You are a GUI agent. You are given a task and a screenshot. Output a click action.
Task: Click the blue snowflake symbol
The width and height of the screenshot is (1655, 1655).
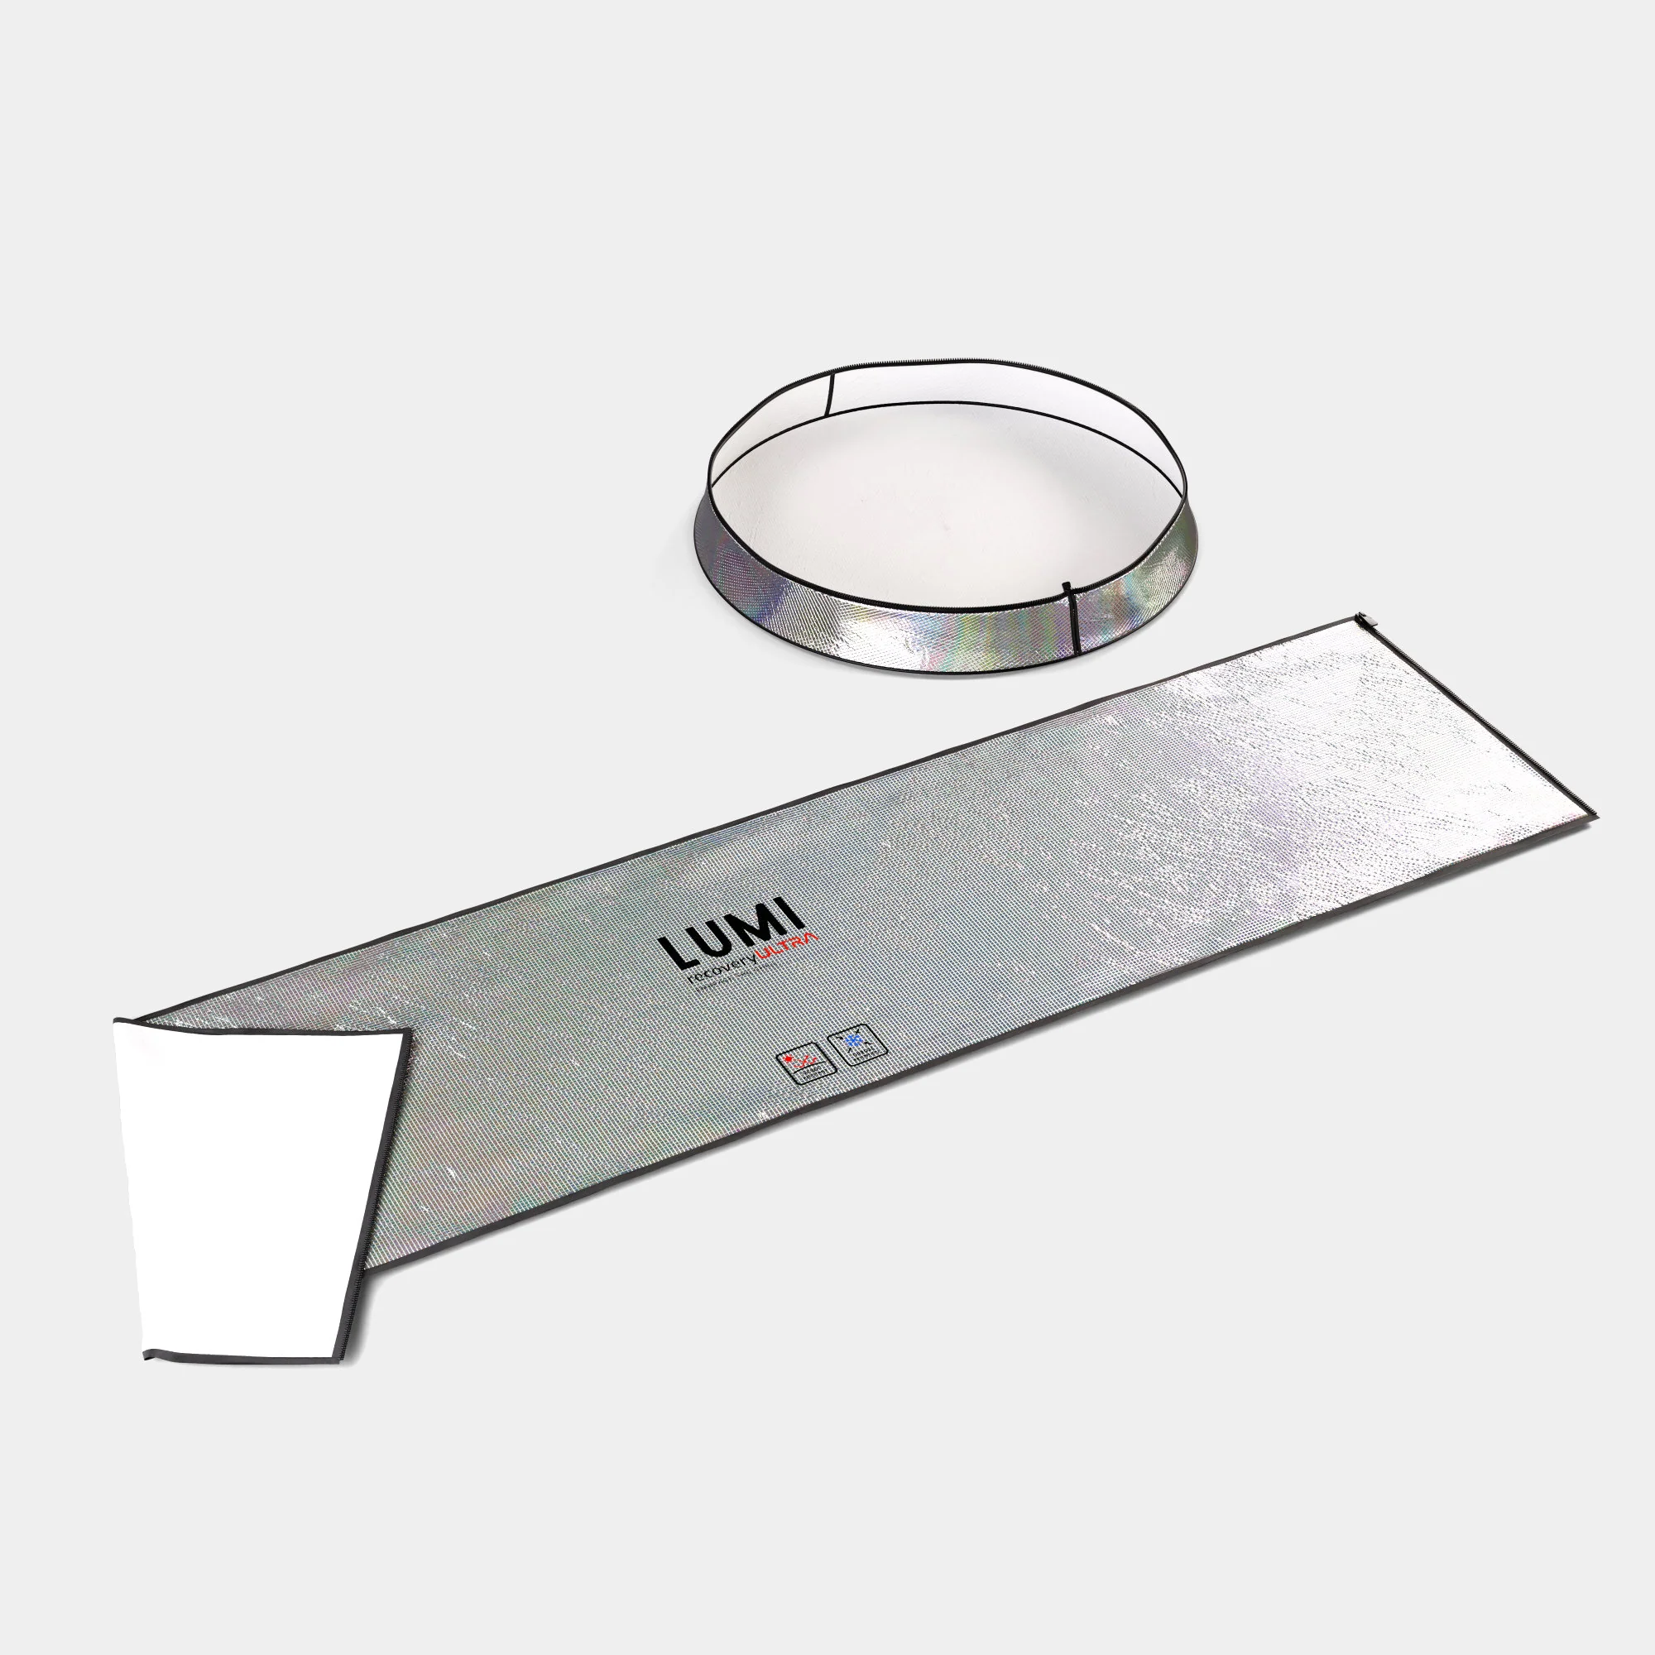pyautogui.click(x=853, y=1041)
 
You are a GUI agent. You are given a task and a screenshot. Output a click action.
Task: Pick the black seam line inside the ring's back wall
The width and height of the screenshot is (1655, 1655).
pyautogui.click(x=830, y=391)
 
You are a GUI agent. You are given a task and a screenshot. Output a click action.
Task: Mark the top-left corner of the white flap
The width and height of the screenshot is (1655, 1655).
pyautogui.click(x=118, y=1022)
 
